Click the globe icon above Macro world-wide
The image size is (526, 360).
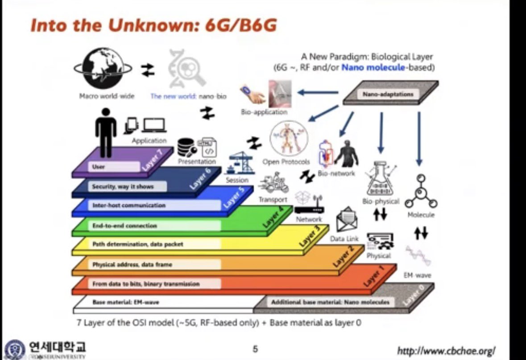103,69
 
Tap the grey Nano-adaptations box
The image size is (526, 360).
391,94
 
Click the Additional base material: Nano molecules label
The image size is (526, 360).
330,302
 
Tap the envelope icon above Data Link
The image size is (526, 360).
348,220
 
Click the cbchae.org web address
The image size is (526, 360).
446,350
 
